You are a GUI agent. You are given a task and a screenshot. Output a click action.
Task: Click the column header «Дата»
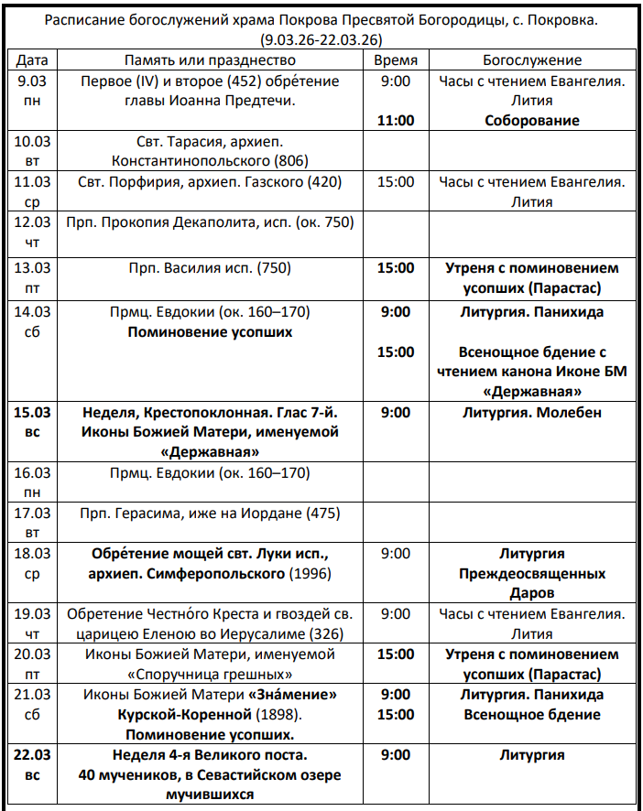click(32, 60)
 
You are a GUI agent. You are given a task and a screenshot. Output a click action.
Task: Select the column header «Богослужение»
click(532, 60)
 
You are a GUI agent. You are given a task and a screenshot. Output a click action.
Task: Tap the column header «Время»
click(396, 60)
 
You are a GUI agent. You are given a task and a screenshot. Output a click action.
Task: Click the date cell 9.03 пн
click(32, 91)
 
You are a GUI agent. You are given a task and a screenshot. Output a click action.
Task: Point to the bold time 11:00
click(396, 120)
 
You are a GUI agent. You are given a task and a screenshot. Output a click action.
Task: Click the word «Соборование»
click(532, 121)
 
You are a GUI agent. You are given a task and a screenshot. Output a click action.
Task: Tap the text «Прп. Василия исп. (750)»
click(210, 268)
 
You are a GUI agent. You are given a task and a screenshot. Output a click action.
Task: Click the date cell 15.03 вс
click(32, 422)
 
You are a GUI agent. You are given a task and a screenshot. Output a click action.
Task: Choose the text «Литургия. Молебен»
click(532, 413)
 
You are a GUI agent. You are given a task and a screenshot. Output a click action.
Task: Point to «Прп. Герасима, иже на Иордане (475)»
click(210, 514)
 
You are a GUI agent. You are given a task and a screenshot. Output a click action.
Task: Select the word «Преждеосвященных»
click(532, 574)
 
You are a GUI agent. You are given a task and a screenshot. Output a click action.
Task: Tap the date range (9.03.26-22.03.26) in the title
click(321, 39)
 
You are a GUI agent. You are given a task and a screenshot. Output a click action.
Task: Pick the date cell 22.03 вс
click(32, 765)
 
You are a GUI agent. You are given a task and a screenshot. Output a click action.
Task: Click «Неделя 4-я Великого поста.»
click(210, 755)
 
